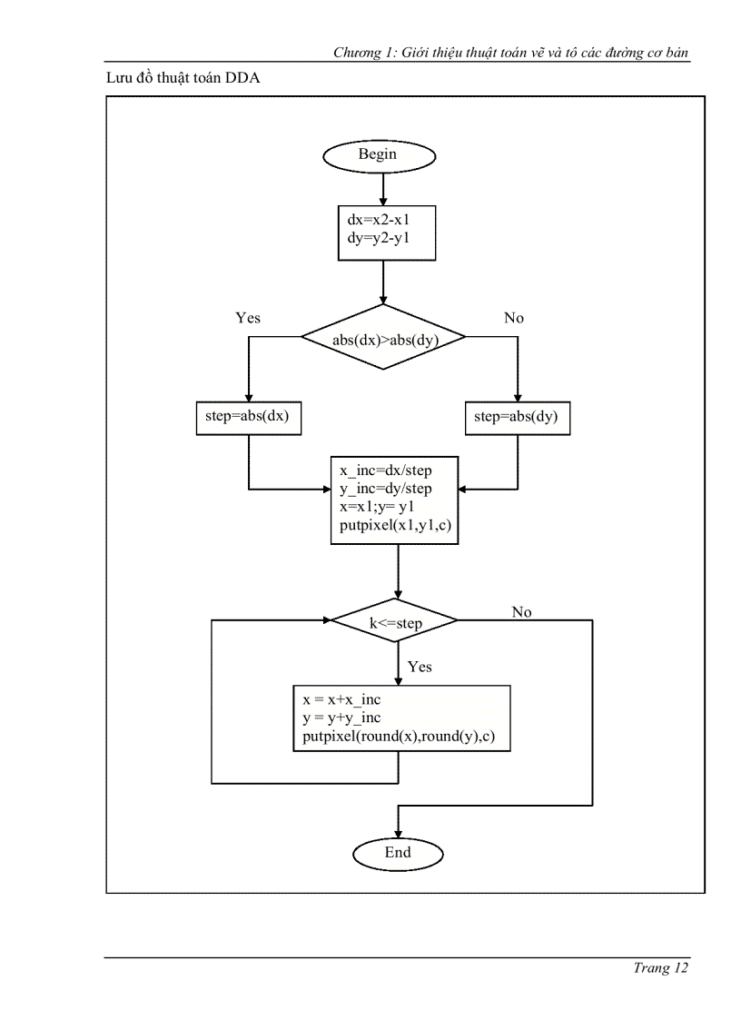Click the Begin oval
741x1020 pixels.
(x=379, y=154)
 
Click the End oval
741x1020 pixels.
(x=398, y=853)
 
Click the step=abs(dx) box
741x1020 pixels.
(x=248, y=418)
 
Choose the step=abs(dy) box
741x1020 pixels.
(x=517, y=418)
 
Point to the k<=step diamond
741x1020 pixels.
(x=394, y=622)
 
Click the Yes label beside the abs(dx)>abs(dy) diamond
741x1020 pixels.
(x=248, y=318)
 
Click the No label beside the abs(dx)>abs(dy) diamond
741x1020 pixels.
(x=514, y=318)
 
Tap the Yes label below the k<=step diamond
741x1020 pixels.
(x=420, y=667)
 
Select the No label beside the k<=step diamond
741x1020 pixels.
(x=521, y=612)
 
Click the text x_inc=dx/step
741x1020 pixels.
(x=385, y=470)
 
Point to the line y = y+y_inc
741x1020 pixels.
(x=342, y=718)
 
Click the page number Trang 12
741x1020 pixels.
(x=660, y=968)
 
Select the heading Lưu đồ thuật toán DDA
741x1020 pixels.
(x=183, y=79)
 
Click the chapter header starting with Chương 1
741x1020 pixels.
(x=510, y=54)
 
